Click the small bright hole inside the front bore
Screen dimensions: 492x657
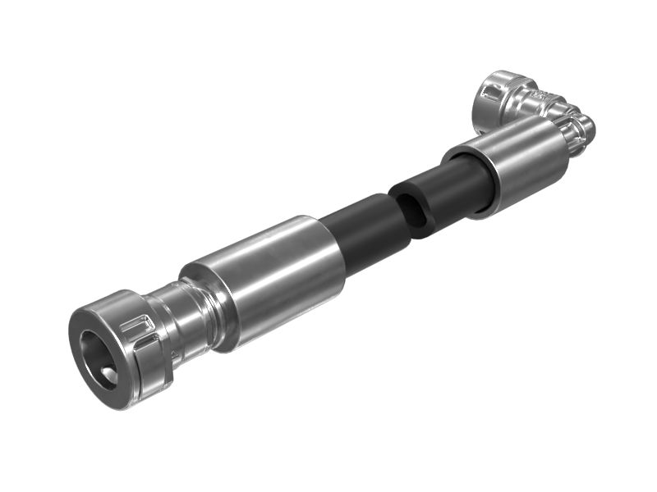tap(108, 375)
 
